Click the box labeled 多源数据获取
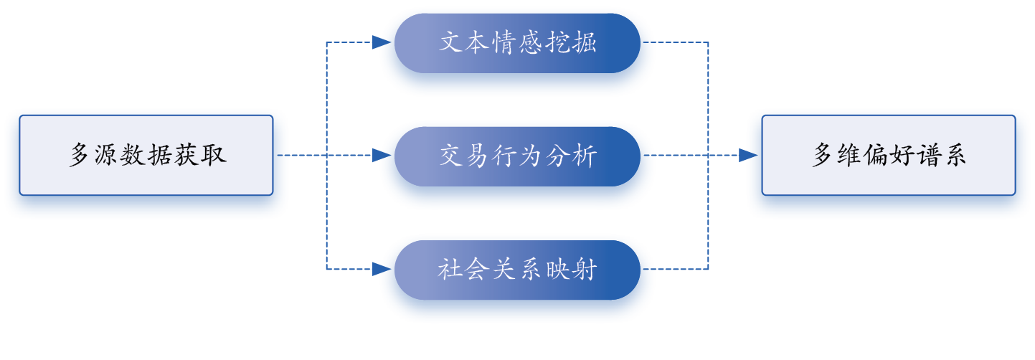146,156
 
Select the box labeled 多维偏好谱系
888,156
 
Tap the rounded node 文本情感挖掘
517,43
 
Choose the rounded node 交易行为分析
517,156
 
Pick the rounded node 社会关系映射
517,270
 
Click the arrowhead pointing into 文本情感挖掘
377,43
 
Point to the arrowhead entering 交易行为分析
377,156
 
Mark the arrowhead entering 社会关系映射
377,270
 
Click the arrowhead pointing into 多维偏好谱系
743,156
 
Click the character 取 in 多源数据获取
214,156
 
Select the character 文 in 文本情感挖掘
450,43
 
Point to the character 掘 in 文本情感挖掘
585,43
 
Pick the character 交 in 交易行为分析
450,156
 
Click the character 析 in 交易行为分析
585,156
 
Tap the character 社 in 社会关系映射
449,270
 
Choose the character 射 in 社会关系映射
585,270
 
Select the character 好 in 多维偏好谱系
904,156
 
